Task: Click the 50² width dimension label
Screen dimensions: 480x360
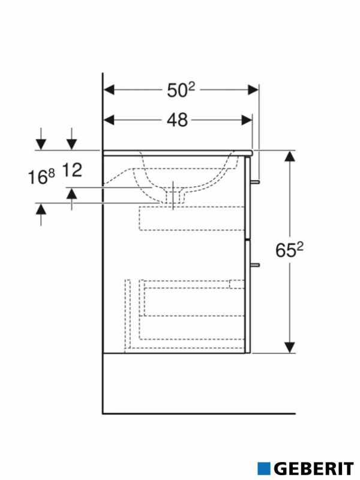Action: (x=181, y=90)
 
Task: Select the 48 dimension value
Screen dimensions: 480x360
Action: (x=177, y=120)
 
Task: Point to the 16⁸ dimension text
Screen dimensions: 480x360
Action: (x=41, y=177)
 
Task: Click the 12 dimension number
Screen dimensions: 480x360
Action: (x=71, y=170)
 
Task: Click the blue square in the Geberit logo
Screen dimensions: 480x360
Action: (x=264, y=468)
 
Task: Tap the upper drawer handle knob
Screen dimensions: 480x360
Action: (x=256, y=181)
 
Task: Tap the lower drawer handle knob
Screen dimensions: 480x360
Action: (x=256, y=263)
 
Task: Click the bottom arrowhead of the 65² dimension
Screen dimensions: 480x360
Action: (x=290, y=347)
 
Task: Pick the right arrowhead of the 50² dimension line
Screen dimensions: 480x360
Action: (x=253, y=90)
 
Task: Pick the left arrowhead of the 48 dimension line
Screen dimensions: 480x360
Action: (x=109, y=120)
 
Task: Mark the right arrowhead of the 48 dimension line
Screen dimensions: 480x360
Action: (x=247, y=120)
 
